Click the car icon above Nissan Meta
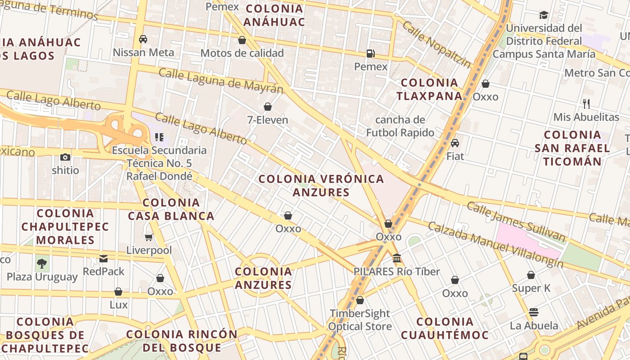coord(143,39)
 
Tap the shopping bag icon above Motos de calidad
coord(242,40)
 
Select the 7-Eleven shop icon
coord(268,107)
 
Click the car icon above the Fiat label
coord(455,143)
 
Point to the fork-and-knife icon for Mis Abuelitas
coord(586,104)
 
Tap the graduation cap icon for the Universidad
coord(544,15)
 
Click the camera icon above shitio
coord(65,157)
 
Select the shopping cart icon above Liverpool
coord(149,237)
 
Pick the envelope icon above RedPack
coord(103,258)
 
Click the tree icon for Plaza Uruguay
coord(42,263)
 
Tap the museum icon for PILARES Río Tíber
coord(397,258)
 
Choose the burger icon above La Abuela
coord(534,312)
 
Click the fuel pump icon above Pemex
coord(370,53)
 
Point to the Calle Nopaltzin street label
coord(436,44)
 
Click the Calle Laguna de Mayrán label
coord(221,81)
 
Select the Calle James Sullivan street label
coord(516,221)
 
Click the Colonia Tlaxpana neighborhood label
coord(429,89)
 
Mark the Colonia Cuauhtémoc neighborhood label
coord(445,328)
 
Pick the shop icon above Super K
coord(531,275)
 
